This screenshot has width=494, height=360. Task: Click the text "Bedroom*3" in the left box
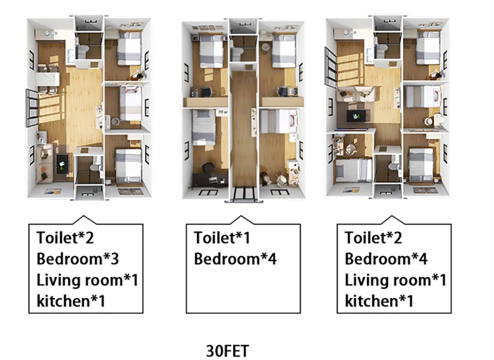[x=77, y=259]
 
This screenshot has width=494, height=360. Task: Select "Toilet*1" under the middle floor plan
[x=222, y=238]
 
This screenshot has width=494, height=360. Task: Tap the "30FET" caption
[x=227, y=350]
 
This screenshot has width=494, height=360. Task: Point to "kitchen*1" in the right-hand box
[x=379, y=301]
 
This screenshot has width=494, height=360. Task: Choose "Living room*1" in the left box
[x=87, y=280]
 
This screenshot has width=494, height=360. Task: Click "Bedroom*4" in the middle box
[x=235, y=259]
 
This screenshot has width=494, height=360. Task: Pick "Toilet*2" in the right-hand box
[x=373, y=238]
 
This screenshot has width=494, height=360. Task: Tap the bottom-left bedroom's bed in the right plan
[x=354, y=170]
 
